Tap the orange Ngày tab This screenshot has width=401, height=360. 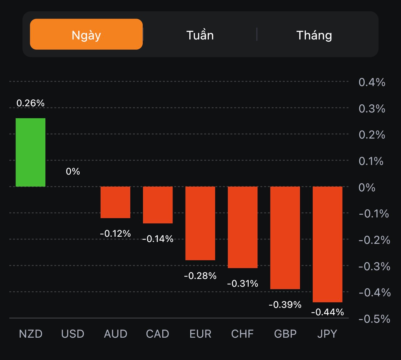(86, 34)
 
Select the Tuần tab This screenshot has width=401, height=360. (200, 35)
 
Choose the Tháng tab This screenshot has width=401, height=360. (314, 35)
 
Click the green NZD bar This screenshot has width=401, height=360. (30, 152)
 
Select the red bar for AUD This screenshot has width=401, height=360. (115, 202)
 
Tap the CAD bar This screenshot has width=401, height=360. (158, 205)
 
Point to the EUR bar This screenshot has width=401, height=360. (200, 223)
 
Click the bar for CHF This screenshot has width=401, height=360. (242, 227)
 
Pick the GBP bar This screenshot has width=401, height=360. (285, 238)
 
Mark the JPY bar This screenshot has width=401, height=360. (327, 244)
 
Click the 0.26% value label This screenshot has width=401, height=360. (30, 103)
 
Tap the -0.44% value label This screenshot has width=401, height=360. (327, 312)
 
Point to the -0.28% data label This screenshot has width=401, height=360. (200, 276)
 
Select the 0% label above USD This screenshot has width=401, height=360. (73, 171)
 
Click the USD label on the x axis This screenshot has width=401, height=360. (73, 334)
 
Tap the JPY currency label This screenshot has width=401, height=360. (327, 334)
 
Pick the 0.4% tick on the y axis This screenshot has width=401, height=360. (372, 82)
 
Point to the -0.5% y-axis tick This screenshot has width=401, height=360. (374, 319)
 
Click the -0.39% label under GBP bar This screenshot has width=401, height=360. (285, 305)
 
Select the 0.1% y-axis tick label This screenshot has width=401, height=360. (371, 161)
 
